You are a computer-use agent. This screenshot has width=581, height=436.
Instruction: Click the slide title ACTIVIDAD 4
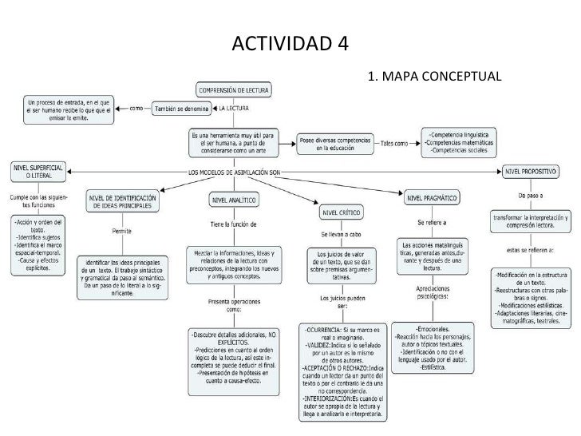tap(290, 42)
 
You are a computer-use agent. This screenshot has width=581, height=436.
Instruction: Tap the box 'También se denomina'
tap(180, 109)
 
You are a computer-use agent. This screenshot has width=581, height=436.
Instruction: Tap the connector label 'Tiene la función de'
tap(233, 224)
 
